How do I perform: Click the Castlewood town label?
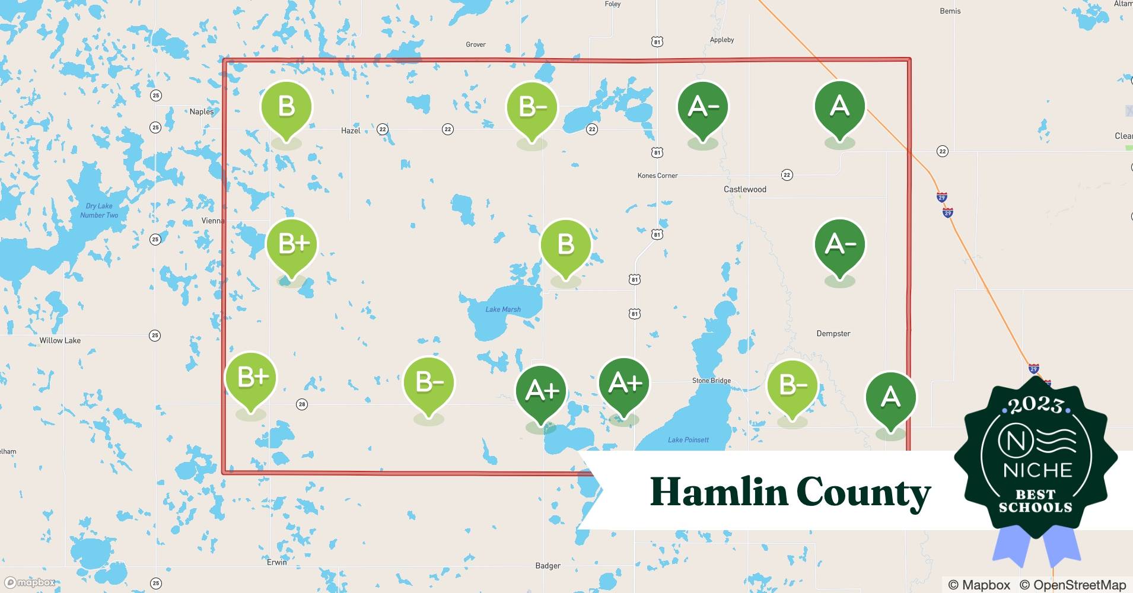tap(744, 189)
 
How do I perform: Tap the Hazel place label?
tap(351, 130)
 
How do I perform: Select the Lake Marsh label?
tap(503, 309)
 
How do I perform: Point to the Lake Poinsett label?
tap(688, 439)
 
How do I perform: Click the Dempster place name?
tap(833, 333)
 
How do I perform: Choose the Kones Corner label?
tap(657, 176)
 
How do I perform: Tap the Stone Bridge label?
tap(711, 381)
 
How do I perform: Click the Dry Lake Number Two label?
tap(99, 211)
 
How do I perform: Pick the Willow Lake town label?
tap(60, 340)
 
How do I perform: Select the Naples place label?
tap(202, 111)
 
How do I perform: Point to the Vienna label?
tap(213, 221)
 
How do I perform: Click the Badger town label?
tap(548, 566)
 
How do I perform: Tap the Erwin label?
tap(276, 562)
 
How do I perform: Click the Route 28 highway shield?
tap(302, 404)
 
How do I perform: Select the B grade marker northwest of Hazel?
tap(287, 107)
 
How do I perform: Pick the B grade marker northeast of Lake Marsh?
tap(565, 245)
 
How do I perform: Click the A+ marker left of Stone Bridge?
tap(624, 384)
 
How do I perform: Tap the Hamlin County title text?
tap(790, 492)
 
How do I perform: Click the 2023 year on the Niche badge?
tap(1036, 405)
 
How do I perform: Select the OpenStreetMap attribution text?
tap(1072, 585)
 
